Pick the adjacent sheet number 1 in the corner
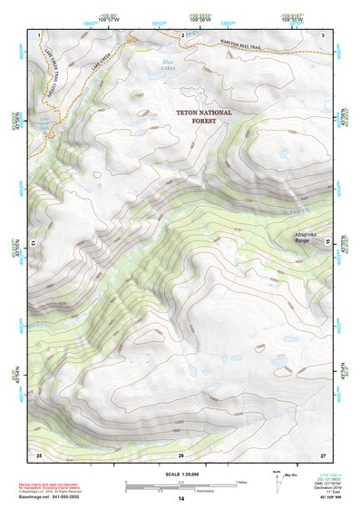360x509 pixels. [40, 34]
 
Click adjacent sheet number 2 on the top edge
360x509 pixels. [183, 34]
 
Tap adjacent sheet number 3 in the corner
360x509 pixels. [323, 34]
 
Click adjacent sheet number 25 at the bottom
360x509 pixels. [39, 454]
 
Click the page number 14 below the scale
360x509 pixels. [181, 499]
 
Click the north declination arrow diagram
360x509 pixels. [277, 478]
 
